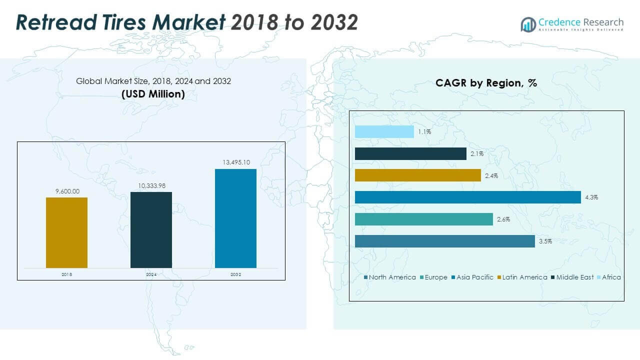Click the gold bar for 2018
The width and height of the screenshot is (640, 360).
click(x=66, y=232)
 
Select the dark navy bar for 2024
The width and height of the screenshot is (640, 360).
click(x=151, y=229)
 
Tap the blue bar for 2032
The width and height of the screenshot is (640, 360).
click(x=235, y=218)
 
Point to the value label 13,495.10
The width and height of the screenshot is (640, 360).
click(x=235, y=162)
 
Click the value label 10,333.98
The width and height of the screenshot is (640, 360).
click(x=151, y=185)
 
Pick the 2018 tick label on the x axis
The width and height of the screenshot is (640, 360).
click(x=66, y=274)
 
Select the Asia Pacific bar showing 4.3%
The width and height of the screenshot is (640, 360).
click(x=467, y=197)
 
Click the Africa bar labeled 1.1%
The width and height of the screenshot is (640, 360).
click(x=384, y=131)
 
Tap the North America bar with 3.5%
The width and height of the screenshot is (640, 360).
click(x=444, y=241)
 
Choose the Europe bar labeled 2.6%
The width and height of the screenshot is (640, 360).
click(x=423, y=219)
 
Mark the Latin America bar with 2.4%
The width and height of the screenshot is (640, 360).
click(x=417, y=175)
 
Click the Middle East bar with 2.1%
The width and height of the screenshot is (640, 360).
click(x=410, y=153)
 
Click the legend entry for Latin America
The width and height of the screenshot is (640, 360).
click(x=524, y=277)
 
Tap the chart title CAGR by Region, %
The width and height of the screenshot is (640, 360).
click(x=486, y=83)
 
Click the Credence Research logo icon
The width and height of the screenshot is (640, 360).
click(x=528, y=24)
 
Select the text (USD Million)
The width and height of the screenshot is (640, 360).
click(x=153, y=94)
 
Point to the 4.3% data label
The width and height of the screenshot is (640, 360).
click(x=591, y=197)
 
